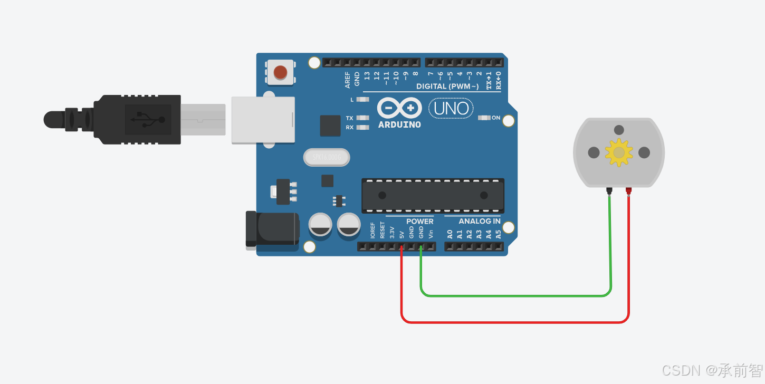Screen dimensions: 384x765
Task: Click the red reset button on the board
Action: [281, 71]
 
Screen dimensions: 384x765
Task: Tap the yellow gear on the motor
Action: [619, 152]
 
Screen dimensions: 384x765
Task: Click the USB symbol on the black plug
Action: [148, 119]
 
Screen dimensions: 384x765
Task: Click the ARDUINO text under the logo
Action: [399, 125]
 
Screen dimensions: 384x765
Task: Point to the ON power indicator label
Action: [496, 118]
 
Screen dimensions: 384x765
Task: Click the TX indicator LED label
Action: [350, 118]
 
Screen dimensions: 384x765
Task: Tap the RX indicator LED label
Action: [350, 127]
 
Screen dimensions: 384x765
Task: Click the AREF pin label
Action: [347, 80]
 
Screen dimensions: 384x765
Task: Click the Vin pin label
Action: [431, 233]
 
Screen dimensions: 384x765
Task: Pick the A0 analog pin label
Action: [450, 233]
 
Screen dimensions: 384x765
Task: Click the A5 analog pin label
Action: [498, 233]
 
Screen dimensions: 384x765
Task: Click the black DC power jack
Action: [272, 229]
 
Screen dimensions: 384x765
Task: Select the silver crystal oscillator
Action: [327, 157]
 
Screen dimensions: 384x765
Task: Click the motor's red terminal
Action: [628, 190]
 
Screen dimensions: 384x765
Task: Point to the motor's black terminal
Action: [609, 190]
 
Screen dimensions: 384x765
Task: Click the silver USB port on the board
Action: [263, 120]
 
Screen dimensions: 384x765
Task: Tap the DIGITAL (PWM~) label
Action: [447, 86]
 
